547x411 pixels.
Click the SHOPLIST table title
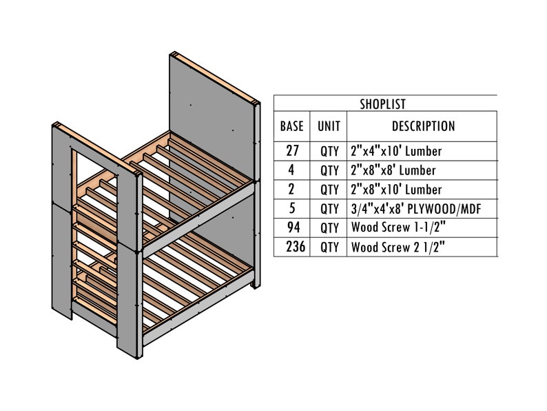coord(382,104)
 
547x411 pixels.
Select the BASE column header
coord(292,127)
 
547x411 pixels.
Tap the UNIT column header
coord(329,127)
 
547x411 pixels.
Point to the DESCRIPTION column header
coord(423,127)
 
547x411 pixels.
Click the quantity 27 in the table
coord(292,150)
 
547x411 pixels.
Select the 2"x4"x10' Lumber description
coord(396,150)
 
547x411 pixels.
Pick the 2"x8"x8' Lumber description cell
coord(393,170)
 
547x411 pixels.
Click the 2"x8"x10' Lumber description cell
coord(396,189)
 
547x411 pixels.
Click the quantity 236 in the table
coord(292,247)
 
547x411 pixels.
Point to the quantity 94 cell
coord(292,228)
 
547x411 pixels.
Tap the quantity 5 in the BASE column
coord(292,208)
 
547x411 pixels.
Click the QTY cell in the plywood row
coord(329,208)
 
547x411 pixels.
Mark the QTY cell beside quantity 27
coord(329,150)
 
